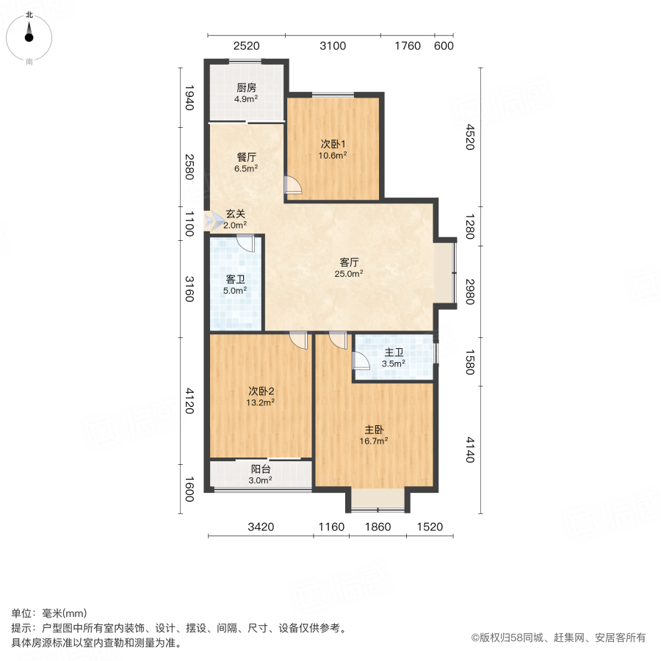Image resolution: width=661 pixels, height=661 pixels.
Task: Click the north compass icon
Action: (29, 34)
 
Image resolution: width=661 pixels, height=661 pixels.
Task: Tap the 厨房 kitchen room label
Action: (246, 87)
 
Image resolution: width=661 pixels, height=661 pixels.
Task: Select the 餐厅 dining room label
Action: (246, 157)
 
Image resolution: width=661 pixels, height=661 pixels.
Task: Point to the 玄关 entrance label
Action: (235, 214)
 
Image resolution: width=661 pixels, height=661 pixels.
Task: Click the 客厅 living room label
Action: (350, 262)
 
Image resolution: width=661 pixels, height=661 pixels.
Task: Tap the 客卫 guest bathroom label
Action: (235, 279)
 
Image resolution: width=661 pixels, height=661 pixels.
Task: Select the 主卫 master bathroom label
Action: (393, 353)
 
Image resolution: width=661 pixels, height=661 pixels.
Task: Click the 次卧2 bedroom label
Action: (261, 391)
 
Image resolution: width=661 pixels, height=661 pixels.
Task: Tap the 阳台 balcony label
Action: (260, 469)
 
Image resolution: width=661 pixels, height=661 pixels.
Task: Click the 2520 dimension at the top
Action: (246, 46)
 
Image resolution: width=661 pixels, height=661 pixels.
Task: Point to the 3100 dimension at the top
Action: (333, 46)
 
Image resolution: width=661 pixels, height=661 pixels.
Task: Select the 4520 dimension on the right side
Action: (471, 137)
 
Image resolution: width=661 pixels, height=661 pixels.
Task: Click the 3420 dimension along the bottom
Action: (261, 526)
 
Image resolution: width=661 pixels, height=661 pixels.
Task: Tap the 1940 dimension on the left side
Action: (189, 97)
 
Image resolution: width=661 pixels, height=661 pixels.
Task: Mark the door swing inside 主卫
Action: (361, 360)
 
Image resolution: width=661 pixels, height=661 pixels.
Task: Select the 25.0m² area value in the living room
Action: (350, 273)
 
